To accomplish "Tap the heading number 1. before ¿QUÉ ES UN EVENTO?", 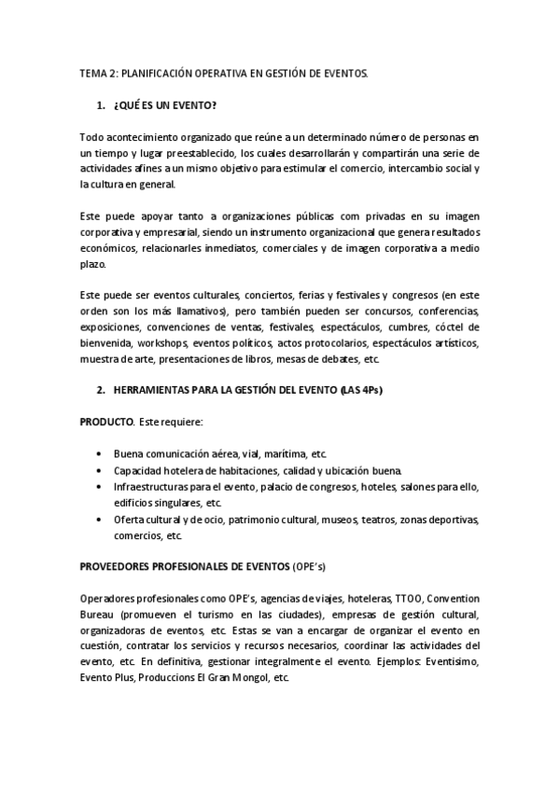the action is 101,105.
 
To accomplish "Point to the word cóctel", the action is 463,328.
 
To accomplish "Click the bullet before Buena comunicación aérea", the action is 100,454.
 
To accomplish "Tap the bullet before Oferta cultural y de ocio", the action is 100,520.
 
